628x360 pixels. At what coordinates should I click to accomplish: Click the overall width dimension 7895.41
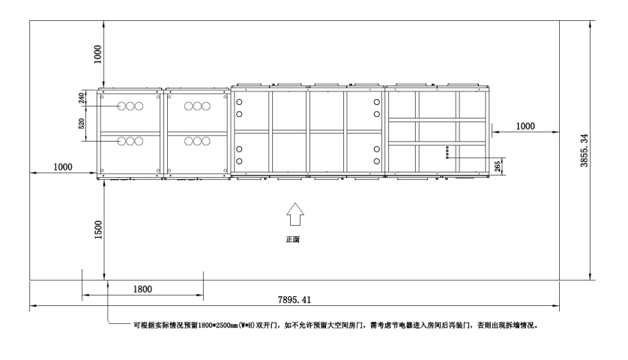coord(295,299)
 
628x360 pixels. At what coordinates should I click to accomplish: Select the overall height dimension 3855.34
coord(585,150)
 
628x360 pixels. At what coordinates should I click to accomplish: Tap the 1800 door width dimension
coord(142,289)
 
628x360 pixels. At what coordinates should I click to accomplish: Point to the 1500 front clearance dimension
coord(98,229)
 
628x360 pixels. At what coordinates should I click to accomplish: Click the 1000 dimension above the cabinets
coord(97,54)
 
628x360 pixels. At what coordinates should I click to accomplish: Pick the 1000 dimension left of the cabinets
coord(63,166)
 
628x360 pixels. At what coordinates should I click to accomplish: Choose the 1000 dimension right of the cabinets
coord(525,126)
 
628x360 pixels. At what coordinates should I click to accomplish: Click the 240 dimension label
coord(82,98)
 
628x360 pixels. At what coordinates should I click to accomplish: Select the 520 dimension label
coord(82,124)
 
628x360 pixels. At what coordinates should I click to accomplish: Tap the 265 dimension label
coord(498,166)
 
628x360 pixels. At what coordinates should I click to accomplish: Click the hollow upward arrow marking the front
coord(295,214)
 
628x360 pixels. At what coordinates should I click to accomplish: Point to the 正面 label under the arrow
coord(293,239)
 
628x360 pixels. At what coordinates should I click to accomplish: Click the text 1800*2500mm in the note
coord(217,325)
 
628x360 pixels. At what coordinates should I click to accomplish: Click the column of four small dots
coord(447,152)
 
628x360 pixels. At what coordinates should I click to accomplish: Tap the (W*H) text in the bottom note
coord(247,325)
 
